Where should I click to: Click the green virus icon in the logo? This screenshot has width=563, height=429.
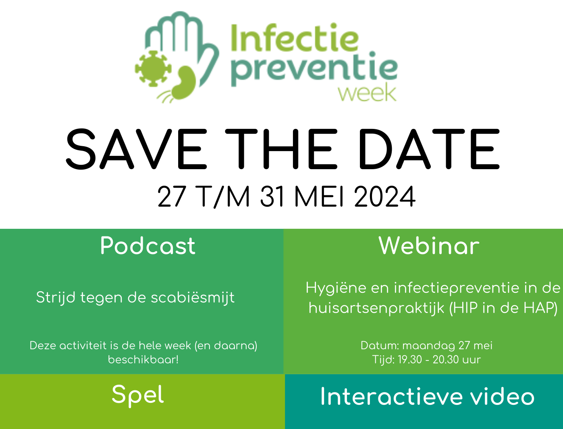click(153, 68)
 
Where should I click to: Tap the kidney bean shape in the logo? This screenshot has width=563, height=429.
click(184, 83)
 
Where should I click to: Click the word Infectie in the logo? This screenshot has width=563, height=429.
click(295, 38)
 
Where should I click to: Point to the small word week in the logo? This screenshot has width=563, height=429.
click(367, 94)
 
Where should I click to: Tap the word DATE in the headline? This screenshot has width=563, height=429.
click(429, 149)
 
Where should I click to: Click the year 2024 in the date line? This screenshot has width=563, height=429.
click(385, 197)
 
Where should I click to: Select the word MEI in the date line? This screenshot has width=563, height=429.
click(319, 197)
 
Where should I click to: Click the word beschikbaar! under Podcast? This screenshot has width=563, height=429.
click(143, 360)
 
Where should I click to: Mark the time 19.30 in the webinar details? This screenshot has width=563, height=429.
click(409, 360)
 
